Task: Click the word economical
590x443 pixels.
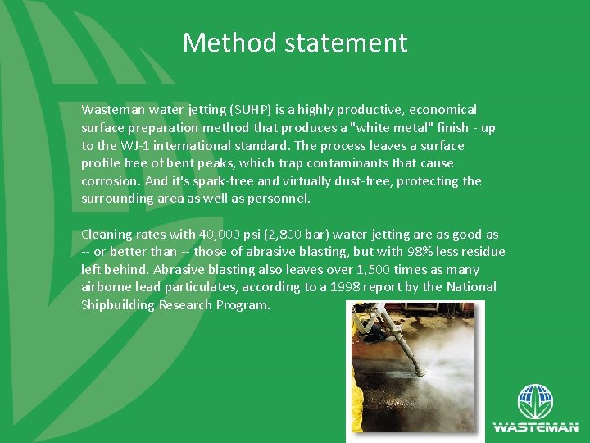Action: [442, 110]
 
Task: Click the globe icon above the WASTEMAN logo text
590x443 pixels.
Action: [535, 403]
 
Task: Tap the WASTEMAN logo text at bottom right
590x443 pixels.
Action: [535, 427]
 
